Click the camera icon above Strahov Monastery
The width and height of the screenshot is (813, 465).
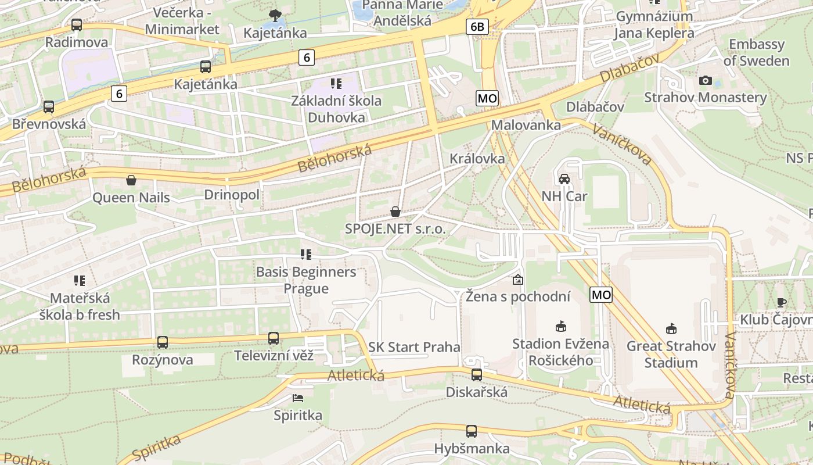(x=706, y=80)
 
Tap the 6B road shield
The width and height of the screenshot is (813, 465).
(x=477, y=26)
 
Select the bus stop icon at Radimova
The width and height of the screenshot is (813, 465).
(x=77, y=25)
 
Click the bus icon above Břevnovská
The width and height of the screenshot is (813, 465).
(x=49, y=107)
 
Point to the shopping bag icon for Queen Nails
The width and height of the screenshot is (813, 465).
(x=131, y=180)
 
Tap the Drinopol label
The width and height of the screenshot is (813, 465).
(x=232, y=195)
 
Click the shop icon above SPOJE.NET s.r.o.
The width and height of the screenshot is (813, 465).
(x=395, y=212)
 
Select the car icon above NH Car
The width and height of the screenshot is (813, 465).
(x=564, y=179)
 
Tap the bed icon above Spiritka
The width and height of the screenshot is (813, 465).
(x=298, y=399)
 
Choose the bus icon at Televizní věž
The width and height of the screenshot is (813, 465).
(x=274, y=338)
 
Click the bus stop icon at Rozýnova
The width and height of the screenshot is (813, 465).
(x=163, y=342)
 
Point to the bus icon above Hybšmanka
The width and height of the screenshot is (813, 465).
(x=472, y=431)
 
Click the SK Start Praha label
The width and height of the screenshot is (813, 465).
(x=414, y=347)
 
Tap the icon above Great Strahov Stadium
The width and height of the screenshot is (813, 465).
(x=671, y=329)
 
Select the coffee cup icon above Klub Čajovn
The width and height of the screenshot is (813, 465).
(x=782, y=302)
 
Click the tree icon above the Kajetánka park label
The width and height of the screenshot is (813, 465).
(x=275, y=15)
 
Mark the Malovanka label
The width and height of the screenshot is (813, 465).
(x=526, y=125)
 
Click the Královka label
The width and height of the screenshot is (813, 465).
(x=477, y=159)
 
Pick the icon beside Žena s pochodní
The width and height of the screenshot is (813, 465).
(x=517, y=280)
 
